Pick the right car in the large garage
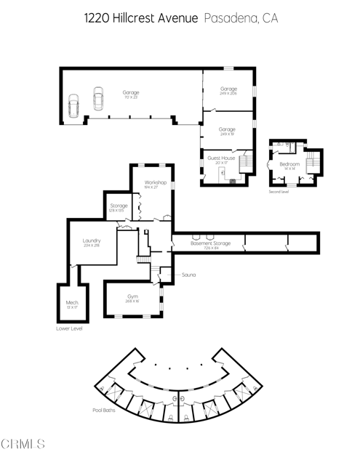[x=98, y=97]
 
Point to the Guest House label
[x=221, y=158]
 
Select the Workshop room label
[x=156, y=182]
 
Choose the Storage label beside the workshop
[x=119, y=206]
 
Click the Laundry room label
[x=92, y=240]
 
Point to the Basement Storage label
[x=211, y=243]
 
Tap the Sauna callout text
[x=190, y=275]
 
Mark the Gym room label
[x=132, y=296]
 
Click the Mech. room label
[x=71, y=302]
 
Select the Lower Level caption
[x=69, y=328]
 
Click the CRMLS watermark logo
[x=23, y=442]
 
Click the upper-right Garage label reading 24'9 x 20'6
[x=228, y=91]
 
